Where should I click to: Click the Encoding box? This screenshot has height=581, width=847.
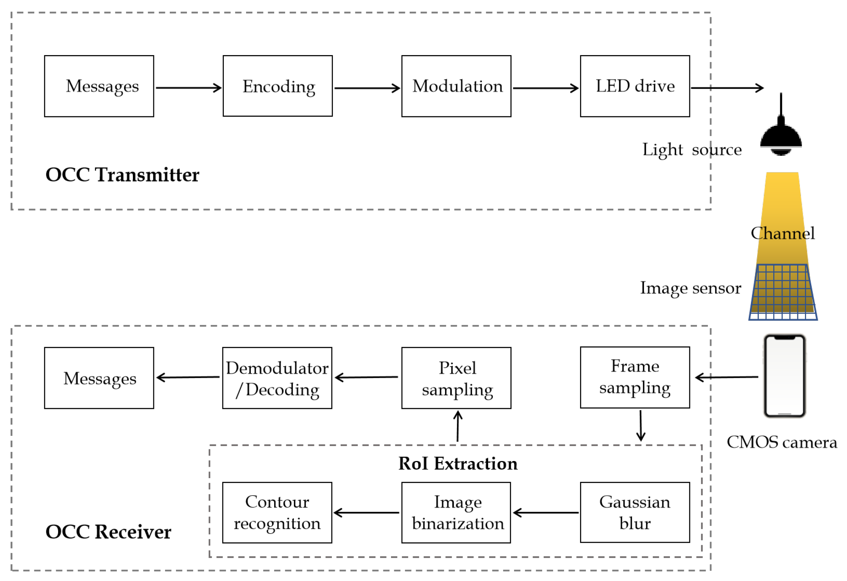coord(277,86)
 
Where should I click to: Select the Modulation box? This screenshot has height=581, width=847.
coord(456,86)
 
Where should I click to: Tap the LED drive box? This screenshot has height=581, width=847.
coord(635,86)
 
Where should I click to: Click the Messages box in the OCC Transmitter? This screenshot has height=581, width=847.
coord(99,86)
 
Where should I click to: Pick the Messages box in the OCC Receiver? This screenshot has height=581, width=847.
coord(99,378)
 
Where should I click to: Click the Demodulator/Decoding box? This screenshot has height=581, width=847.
coord(277,378)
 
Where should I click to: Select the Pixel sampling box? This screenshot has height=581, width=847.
coord(456,378)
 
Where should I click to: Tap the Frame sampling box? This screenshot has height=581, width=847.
coord(635,377)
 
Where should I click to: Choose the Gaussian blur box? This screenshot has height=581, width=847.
coord(635,512)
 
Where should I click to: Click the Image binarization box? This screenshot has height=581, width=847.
coord(456,512)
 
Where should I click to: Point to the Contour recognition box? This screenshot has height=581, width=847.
coord(277,512)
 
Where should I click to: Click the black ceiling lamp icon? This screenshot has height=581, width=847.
coord(781,137)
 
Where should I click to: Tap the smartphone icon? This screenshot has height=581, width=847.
coord(785,376)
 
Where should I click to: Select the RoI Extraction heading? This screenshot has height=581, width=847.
coord(457,464)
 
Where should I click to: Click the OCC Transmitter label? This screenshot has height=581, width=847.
coord(122,175)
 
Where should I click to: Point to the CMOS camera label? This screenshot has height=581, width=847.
coord(781,442)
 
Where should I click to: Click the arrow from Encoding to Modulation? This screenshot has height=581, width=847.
coord(367,88)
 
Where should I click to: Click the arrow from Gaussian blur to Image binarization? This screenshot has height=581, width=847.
coord(545,512)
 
